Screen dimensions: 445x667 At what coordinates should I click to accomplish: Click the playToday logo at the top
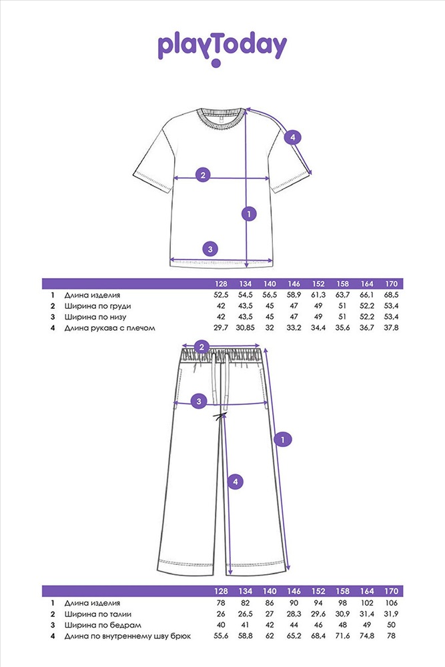[222, 49]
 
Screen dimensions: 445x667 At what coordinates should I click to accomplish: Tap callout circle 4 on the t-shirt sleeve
[292, 137]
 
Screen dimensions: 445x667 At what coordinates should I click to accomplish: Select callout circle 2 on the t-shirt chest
[203, 175]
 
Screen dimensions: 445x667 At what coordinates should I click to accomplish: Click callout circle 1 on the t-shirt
[249, 213]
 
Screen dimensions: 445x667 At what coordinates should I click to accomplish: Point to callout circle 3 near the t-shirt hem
[210, 249]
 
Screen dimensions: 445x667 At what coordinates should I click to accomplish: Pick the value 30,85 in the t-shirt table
[245, 327]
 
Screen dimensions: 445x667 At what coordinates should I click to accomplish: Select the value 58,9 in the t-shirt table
[294, 295]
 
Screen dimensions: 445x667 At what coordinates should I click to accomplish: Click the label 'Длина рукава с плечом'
[110, 328]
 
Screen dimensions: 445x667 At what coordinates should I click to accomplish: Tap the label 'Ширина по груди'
[98, 306]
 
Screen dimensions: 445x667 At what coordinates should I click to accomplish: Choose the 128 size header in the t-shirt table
[221, 283]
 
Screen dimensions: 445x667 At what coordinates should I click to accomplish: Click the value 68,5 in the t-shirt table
[391, 295]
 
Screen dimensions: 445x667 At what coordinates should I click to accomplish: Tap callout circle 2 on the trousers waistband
[201, 347]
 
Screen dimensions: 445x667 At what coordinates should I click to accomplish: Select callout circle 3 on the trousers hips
[199, 401]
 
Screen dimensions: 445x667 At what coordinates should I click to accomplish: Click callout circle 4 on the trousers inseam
[236, 482]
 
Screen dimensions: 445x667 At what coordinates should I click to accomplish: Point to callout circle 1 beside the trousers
[284, 440]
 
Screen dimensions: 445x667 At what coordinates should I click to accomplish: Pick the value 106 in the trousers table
[391, 603]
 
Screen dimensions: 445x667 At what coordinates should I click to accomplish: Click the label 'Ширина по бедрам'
[103, 625]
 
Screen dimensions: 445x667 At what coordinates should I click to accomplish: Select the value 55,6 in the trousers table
[221, 636]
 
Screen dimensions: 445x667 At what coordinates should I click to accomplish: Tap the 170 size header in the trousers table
[391, 591]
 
